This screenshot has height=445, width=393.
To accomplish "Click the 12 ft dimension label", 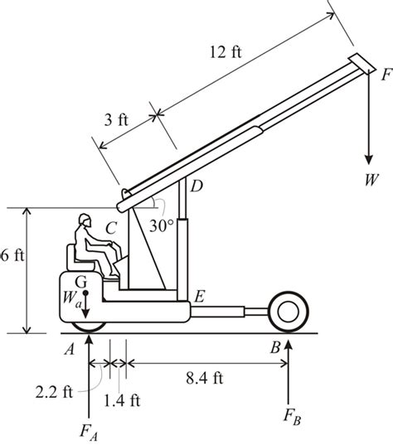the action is (226, 52).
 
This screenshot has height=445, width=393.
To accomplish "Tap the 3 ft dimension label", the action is (116, 120).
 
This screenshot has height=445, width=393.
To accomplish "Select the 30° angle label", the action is (162, 226).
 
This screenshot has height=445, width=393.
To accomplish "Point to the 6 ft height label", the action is (12, 256).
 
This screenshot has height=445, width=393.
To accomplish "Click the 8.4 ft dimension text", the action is (205, 378).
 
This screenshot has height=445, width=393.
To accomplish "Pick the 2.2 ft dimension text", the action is (54, 393).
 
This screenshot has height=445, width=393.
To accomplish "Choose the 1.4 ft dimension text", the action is (122, 401).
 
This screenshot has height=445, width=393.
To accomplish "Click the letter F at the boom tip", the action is (386, 75).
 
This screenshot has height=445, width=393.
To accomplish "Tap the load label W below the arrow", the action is (371, 179).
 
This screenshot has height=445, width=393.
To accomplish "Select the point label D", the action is (196, 186).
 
